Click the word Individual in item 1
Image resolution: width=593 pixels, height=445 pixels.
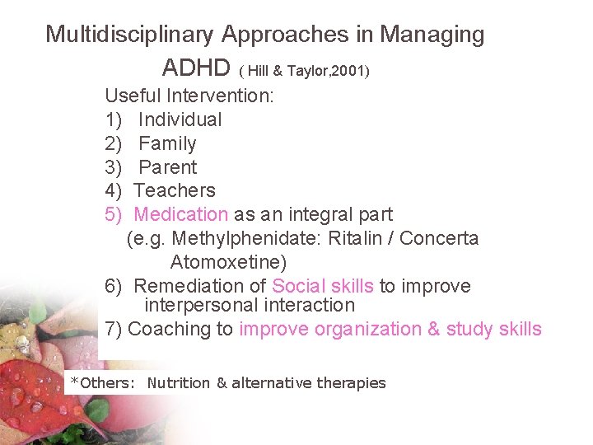click(180, 119)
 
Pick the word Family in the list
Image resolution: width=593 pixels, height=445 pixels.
click(167, 143)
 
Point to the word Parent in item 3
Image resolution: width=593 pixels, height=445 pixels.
click(167, 167)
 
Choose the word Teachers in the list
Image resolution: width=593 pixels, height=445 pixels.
click(175, 190)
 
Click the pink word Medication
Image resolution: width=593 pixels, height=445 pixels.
click(180, 214)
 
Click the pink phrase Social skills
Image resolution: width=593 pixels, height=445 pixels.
click(322, 286)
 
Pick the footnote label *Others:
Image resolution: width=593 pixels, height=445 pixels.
click(102, 382)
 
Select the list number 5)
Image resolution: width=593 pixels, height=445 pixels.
click(114, 214)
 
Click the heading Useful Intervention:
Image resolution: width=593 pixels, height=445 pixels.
click(189, 96)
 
